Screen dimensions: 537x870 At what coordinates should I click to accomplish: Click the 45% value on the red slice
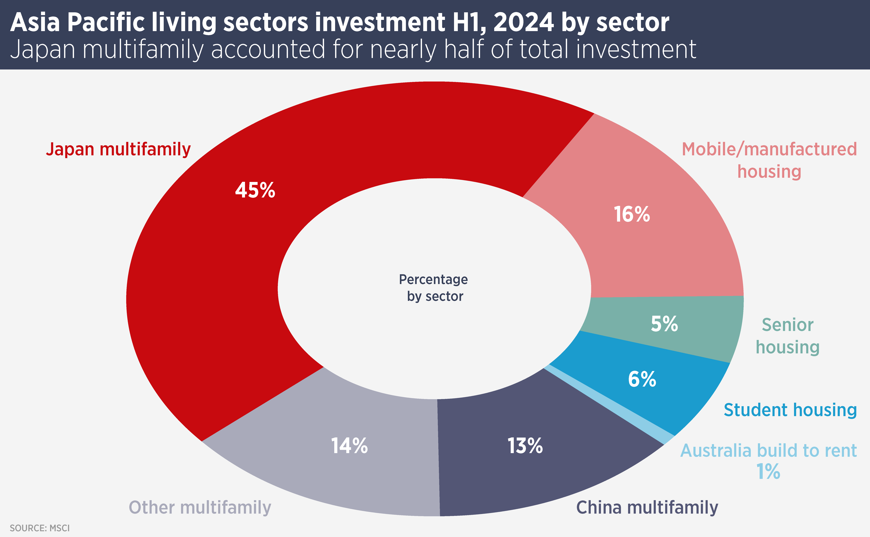coord(255,190)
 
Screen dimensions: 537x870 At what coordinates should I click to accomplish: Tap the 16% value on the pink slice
coord(632,215)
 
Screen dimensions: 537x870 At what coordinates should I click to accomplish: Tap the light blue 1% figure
coord(768,472)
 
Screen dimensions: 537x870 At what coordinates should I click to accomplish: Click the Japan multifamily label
coord(119,149)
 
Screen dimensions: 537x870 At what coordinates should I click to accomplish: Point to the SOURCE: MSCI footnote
coord(40,528)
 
